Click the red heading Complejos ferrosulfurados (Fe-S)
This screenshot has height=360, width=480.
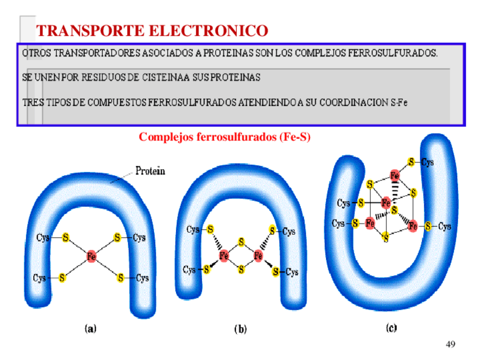pos(225,137)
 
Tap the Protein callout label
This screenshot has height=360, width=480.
pos(150,172)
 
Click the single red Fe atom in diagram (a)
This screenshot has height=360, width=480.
pos(91,257)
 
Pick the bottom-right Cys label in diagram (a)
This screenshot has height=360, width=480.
pos(142,278)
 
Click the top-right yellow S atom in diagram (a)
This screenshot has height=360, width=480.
pos(117,237)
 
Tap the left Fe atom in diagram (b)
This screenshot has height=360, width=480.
pos(224,256)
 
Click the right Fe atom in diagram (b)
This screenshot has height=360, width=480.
pos(259,256)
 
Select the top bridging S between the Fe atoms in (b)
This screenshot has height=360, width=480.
pos(241,242)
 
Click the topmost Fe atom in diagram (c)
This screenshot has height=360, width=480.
pos(396,175)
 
